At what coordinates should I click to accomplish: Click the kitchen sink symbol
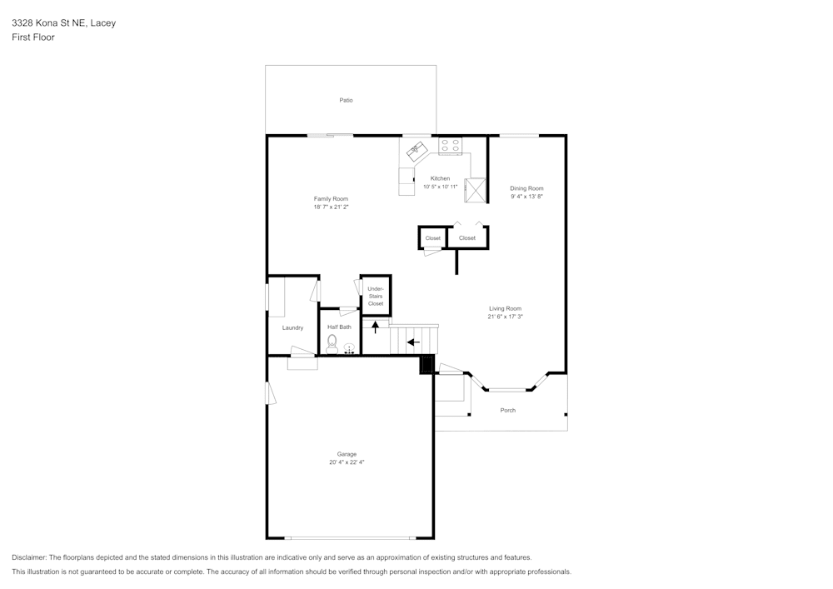(x=416, y=150)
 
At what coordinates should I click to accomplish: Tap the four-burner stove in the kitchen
(x=451, y=147)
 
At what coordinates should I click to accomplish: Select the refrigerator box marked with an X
(x=476, y=190)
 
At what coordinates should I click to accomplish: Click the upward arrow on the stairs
(x=375, y=327)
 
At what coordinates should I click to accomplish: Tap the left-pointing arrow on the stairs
(x=413, y=342)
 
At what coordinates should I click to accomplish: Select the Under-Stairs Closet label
(x=376, y=296)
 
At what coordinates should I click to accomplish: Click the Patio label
(x=346, y=100)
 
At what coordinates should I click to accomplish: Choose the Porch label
(x=507, y=410)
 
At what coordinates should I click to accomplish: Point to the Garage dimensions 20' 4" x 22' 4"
(x=347, y=462)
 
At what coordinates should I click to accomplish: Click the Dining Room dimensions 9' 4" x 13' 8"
(x=526, y=197)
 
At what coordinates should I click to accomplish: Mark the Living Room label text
(x=505, y=308)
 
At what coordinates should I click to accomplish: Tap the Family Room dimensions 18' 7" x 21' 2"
(x=331, y=207)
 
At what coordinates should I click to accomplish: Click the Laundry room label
(x=292, y=327)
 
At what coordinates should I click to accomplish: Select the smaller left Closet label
(x=433, y=238)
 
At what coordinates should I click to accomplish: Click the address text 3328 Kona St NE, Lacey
(x=63, y=23)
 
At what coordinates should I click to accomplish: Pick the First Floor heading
(x=33, y=37)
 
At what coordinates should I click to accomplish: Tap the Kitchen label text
(x=440, y=178)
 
